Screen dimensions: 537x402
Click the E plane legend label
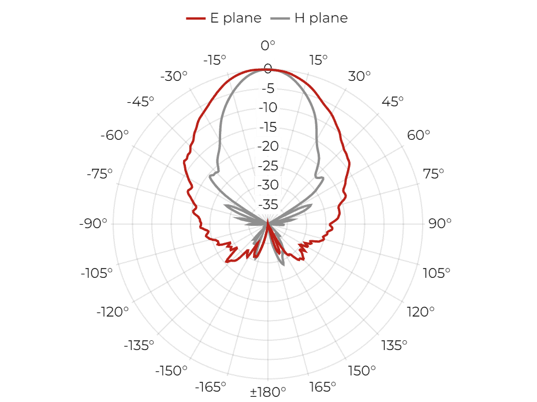coord(236,18)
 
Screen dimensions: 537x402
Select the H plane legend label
coord(321,18)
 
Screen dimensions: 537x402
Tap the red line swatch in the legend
coord(196,18)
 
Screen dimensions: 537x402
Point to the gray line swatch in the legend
coord(280,18)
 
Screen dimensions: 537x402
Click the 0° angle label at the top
coord(268,45)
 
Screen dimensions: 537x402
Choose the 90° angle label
coord(440,224)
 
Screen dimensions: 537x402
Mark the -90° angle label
coord(93,224)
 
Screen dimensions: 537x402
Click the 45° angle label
coord(393,102)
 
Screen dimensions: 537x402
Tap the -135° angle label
coord(139,345)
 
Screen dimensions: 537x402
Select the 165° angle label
coord(323,387)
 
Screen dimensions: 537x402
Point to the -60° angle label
coord(114,135)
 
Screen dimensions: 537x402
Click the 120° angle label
coord(420,312)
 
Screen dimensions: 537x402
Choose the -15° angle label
coord(215,60)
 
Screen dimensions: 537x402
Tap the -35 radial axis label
coord(268,204)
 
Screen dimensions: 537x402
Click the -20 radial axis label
coord(268,146)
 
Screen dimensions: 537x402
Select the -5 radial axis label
coord(268,88)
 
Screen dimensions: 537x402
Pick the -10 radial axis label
coord(268,107)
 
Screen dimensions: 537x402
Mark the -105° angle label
coord(96,273)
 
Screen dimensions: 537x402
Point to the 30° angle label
coord(359,76)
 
